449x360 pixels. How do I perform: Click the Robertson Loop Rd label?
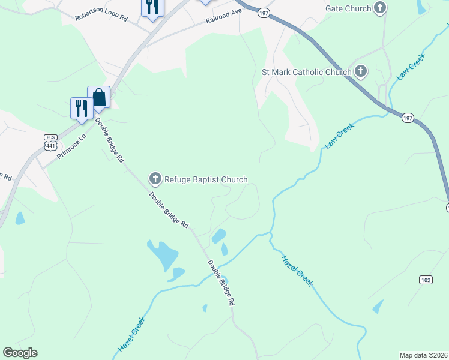click(101, 14)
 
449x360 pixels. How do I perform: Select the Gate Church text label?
click(348, 8)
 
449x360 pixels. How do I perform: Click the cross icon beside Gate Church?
click(379, 8)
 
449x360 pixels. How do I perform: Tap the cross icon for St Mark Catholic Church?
click(360, 71)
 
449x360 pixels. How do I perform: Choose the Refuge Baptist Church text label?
click(206, 179)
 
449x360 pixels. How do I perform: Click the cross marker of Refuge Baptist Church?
click(155, 178)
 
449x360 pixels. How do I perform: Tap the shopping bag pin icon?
click(98, 97)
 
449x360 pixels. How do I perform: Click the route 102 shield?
click(426, 280)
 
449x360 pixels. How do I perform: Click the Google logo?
click(20, 353)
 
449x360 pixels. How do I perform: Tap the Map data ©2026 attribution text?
click(423, 355)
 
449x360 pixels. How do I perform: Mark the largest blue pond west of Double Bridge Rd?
click(163, 256)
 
